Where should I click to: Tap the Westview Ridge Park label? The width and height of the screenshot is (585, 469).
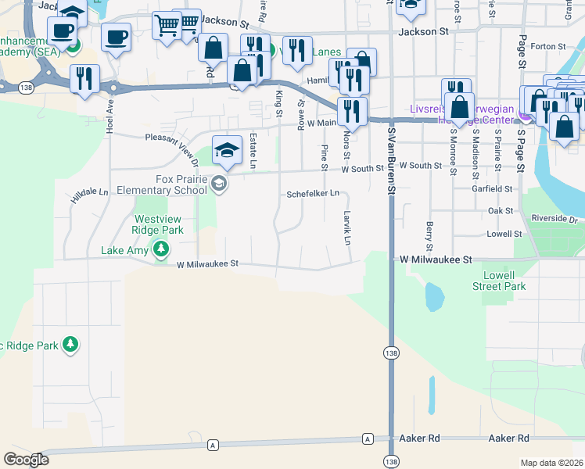coord(159,224)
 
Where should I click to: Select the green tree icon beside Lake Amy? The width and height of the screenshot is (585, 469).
coord(161,250)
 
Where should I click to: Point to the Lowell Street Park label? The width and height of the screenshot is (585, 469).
coord(499,281)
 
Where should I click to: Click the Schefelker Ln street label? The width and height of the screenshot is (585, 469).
coord(313,193)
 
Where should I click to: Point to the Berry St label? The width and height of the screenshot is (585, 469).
coord(430,231)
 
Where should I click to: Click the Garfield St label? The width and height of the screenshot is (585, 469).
coord(492,188)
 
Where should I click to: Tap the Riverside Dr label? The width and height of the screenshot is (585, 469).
coord(553,220)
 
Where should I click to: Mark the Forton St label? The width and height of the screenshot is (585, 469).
coord(542,46)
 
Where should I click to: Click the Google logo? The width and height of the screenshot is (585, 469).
coord(26,460)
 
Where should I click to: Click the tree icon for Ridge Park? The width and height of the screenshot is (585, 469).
coord(70,344)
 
